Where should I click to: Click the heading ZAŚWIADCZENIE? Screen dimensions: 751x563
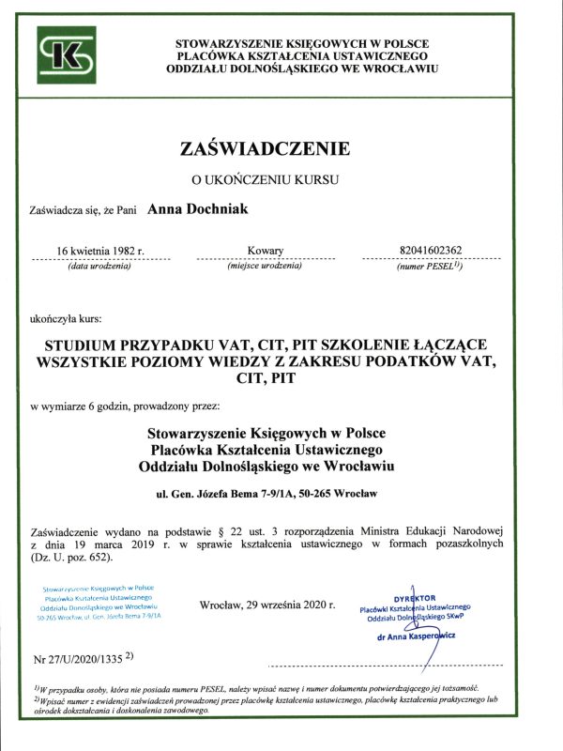[x=265, y=148]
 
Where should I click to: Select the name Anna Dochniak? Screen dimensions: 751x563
[x=199, y=210]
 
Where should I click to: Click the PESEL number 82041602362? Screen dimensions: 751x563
[x=431, y=251]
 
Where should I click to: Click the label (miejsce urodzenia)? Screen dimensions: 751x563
[x=265, y=267]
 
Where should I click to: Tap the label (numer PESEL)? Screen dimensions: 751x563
[x=430, y=268]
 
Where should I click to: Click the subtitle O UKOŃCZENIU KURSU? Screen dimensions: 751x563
[x=265, y=178]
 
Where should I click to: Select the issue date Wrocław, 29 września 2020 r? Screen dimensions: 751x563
[x=267, y=605]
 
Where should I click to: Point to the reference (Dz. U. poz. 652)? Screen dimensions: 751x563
[x=71, y=558]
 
